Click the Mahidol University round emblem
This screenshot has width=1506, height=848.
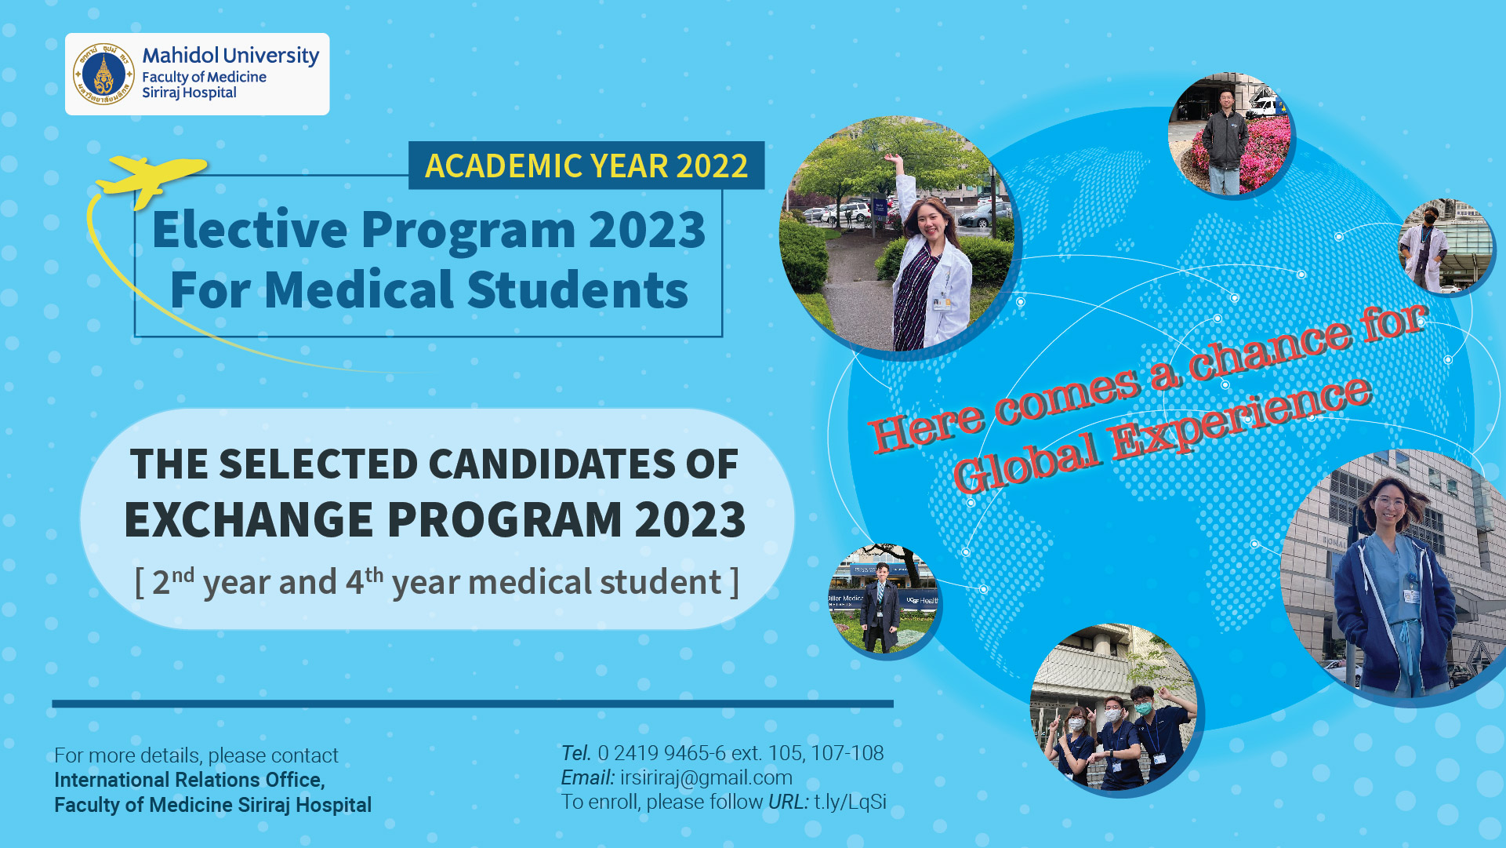(103, 75)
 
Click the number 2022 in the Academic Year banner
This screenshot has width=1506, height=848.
(712, 166)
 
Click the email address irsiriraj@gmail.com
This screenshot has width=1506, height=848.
(706, 777)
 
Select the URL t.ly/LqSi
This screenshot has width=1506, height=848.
(850, 802)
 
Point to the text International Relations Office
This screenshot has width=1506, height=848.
(189, 780)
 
